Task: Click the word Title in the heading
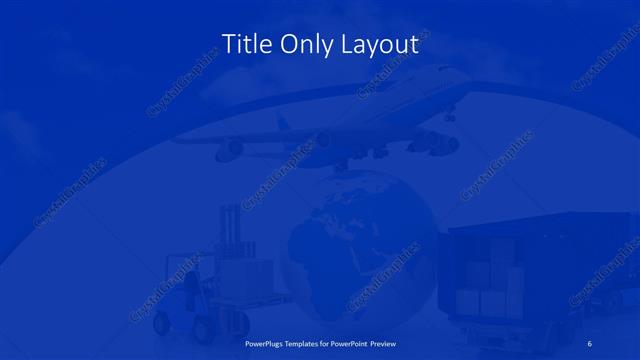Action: click(x=245, y=44)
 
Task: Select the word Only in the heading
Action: click(x=304, y=45)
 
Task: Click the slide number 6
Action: click(x=590, y=343)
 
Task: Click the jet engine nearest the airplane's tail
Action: click(x=229, y=149)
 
